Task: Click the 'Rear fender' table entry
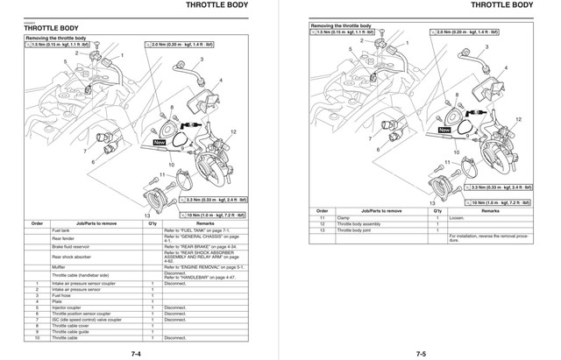click(x=64, y=239)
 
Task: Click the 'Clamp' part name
click(x=344, y=218)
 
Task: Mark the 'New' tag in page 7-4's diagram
click(x=159, y=141)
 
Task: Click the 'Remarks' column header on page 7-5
click(x=491, y=211)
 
